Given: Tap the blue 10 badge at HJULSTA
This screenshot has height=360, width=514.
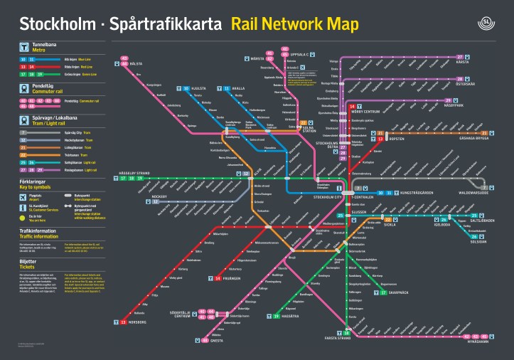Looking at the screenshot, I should (186, 88).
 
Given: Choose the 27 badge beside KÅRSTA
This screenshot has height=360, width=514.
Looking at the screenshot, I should (460, 57).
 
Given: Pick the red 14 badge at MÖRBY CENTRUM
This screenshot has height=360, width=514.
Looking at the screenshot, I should (352, 107).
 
